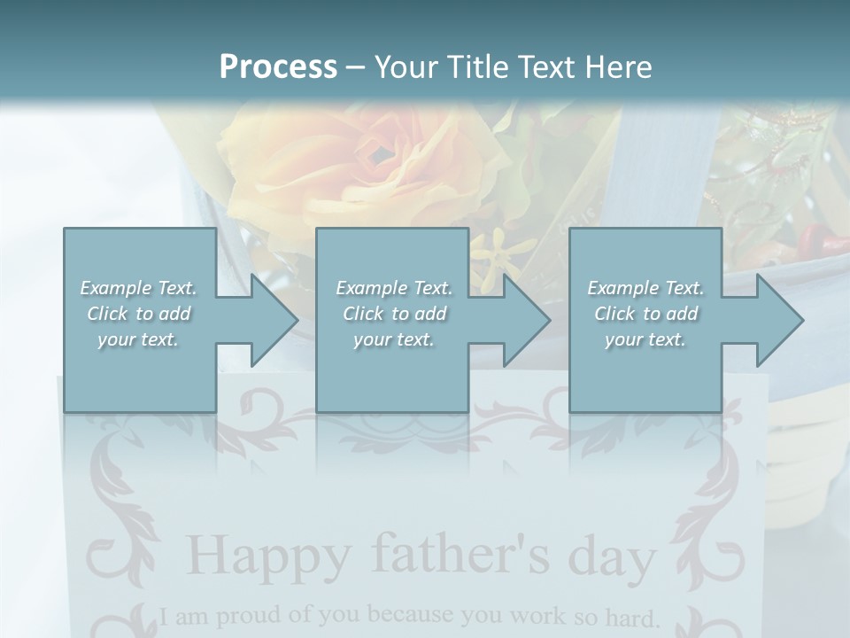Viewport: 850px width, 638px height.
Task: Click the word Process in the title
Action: (278, 67)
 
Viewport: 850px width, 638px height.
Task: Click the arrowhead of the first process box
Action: (270, 320)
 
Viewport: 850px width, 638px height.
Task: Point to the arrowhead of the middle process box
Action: (523, 320)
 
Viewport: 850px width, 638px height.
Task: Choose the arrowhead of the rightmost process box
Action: (777, 320)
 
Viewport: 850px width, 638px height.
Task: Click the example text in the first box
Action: (138, 314)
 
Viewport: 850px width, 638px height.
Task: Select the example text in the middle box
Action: (393, 314)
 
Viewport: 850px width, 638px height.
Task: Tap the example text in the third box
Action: (645, 314)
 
